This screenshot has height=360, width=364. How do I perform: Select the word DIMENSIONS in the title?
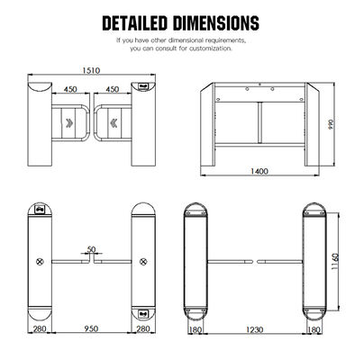[x=221, y=20]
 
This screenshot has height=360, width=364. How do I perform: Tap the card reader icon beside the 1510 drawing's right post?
[x=145, y=87]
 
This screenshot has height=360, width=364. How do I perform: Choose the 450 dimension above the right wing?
[x=114, y=90]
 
